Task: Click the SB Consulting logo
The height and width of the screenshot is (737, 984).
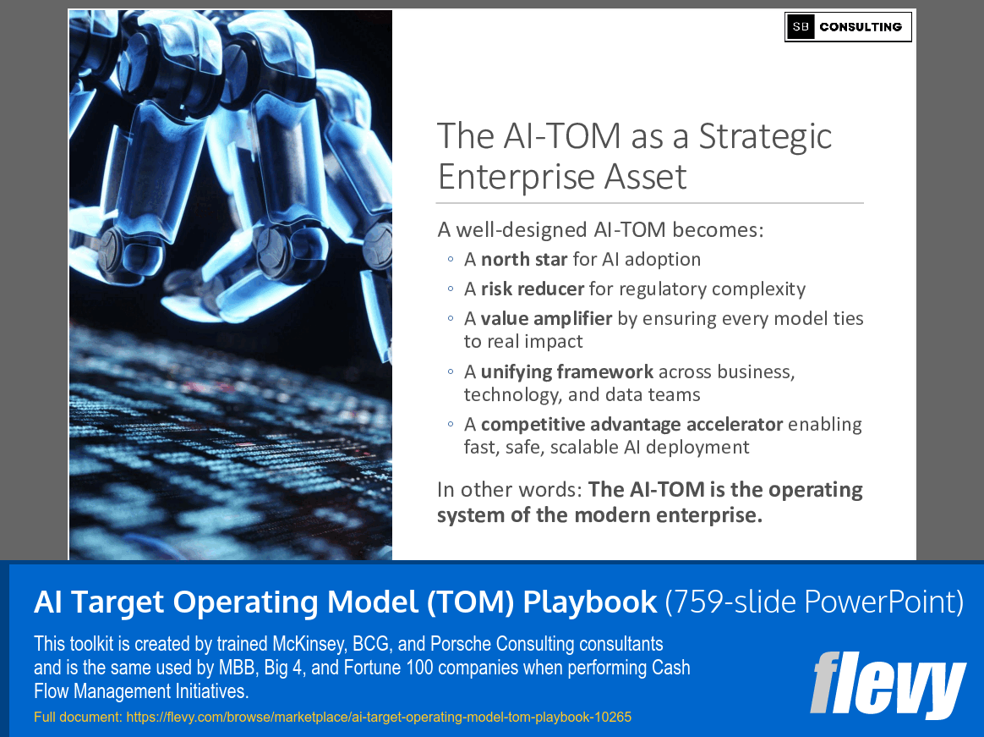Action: pos(848,27)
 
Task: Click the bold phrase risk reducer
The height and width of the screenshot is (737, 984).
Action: pos(533,289)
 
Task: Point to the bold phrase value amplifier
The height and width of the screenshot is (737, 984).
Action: pos(546,318)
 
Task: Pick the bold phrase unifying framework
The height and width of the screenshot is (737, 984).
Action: pos(566,371)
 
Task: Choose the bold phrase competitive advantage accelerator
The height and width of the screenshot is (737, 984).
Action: pos(632,424)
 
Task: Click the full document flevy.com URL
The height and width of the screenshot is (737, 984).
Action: pos(378,718)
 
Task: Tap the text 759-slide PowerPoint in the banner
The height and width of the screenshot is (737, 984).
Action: pos(813,602)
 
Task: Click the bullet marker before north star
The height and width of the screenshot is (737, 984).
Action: pos(451,260)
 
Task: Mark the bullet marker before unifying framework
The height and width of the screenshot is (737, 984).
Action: pos(451,372)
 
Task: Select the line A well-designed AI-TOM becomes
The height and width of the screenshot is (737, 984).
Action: pos(600,229)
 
